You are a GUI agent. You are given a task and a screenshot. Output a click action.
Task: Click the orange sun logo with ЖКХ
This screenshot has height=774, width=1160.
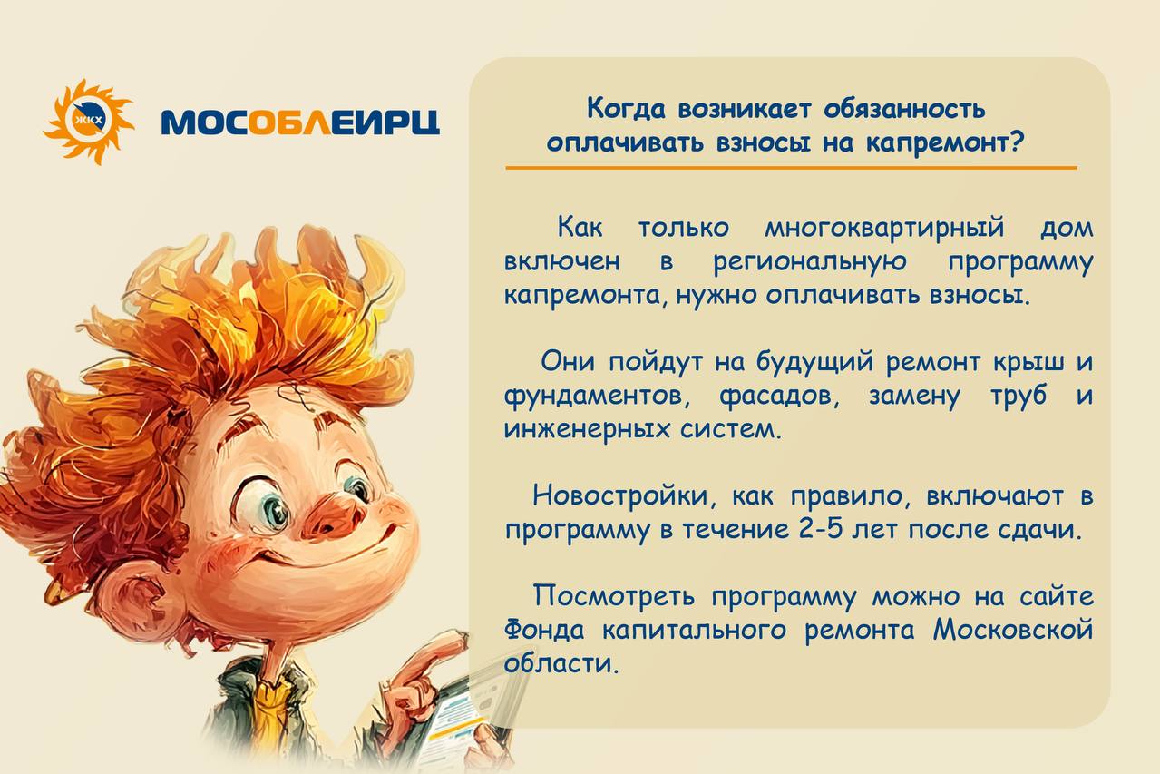point(89,122)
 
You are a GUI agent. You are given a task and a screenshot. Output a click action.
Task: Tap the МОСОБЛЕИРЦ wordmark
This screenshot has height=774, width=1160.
point(300,122)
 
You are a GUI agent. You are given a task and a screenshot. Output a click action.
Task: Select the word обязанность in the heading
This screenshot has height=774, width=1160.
point(905,109)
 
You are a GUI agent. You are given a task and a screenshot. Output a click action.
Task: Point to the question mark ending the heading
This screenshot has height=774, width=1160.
point(1017,141)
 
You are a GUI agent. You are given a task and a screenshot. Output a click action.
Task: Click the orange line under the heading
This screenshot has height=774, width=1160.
point(791,168)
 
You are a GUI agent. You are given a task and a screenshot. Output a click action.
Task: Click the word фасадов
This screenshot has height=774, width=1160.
point(779,397)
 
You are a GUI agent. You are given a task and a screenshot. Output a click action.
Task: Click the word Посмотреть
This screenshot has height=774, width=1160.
point(614,597)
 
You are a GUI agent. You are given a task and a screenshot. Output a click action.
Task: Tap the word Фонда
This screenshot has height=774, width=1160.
point(544,631)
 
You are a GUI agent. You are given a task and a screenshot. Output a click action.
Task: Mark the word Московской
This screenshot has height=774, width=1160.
point(1013,630)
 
